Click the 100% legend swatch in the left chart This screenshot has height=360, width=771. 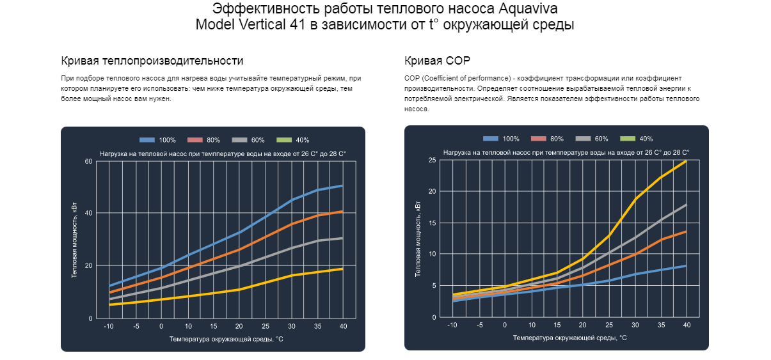(x=148, y=140)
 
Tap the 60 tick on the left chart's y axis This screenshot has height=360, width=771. (x=89, y=161)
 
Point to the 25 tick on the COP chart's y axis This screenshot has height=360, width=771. (x=433, y=160)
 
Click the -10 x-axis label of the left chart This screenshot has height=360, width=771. (x=109, y=327)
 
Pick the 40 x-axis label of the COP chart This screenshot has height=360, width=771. (x=687, y=325)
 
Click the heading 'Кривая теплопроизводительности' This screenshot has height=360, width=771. (x=152, y=61)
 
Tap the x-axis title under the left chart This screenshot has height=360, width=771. (x=226, y=339)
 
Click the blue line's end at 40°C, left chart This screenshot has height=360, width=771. (x=342, y=186)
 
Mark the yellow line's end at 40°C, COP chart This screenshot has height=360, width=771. (x=686, y=161)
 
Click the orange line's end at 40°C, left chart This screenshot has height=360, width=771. (x=342, y=212)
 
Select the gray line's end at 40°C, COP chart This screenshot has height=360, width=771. (x=686, y=205)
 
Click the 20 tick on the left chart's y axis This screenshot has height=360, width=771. (x=89, y=266)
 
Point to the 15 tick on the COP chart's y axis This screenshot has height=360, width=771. (x=433, y=223)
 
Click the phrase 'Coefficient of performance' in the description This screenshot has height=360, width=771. (x=461, y=78)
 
